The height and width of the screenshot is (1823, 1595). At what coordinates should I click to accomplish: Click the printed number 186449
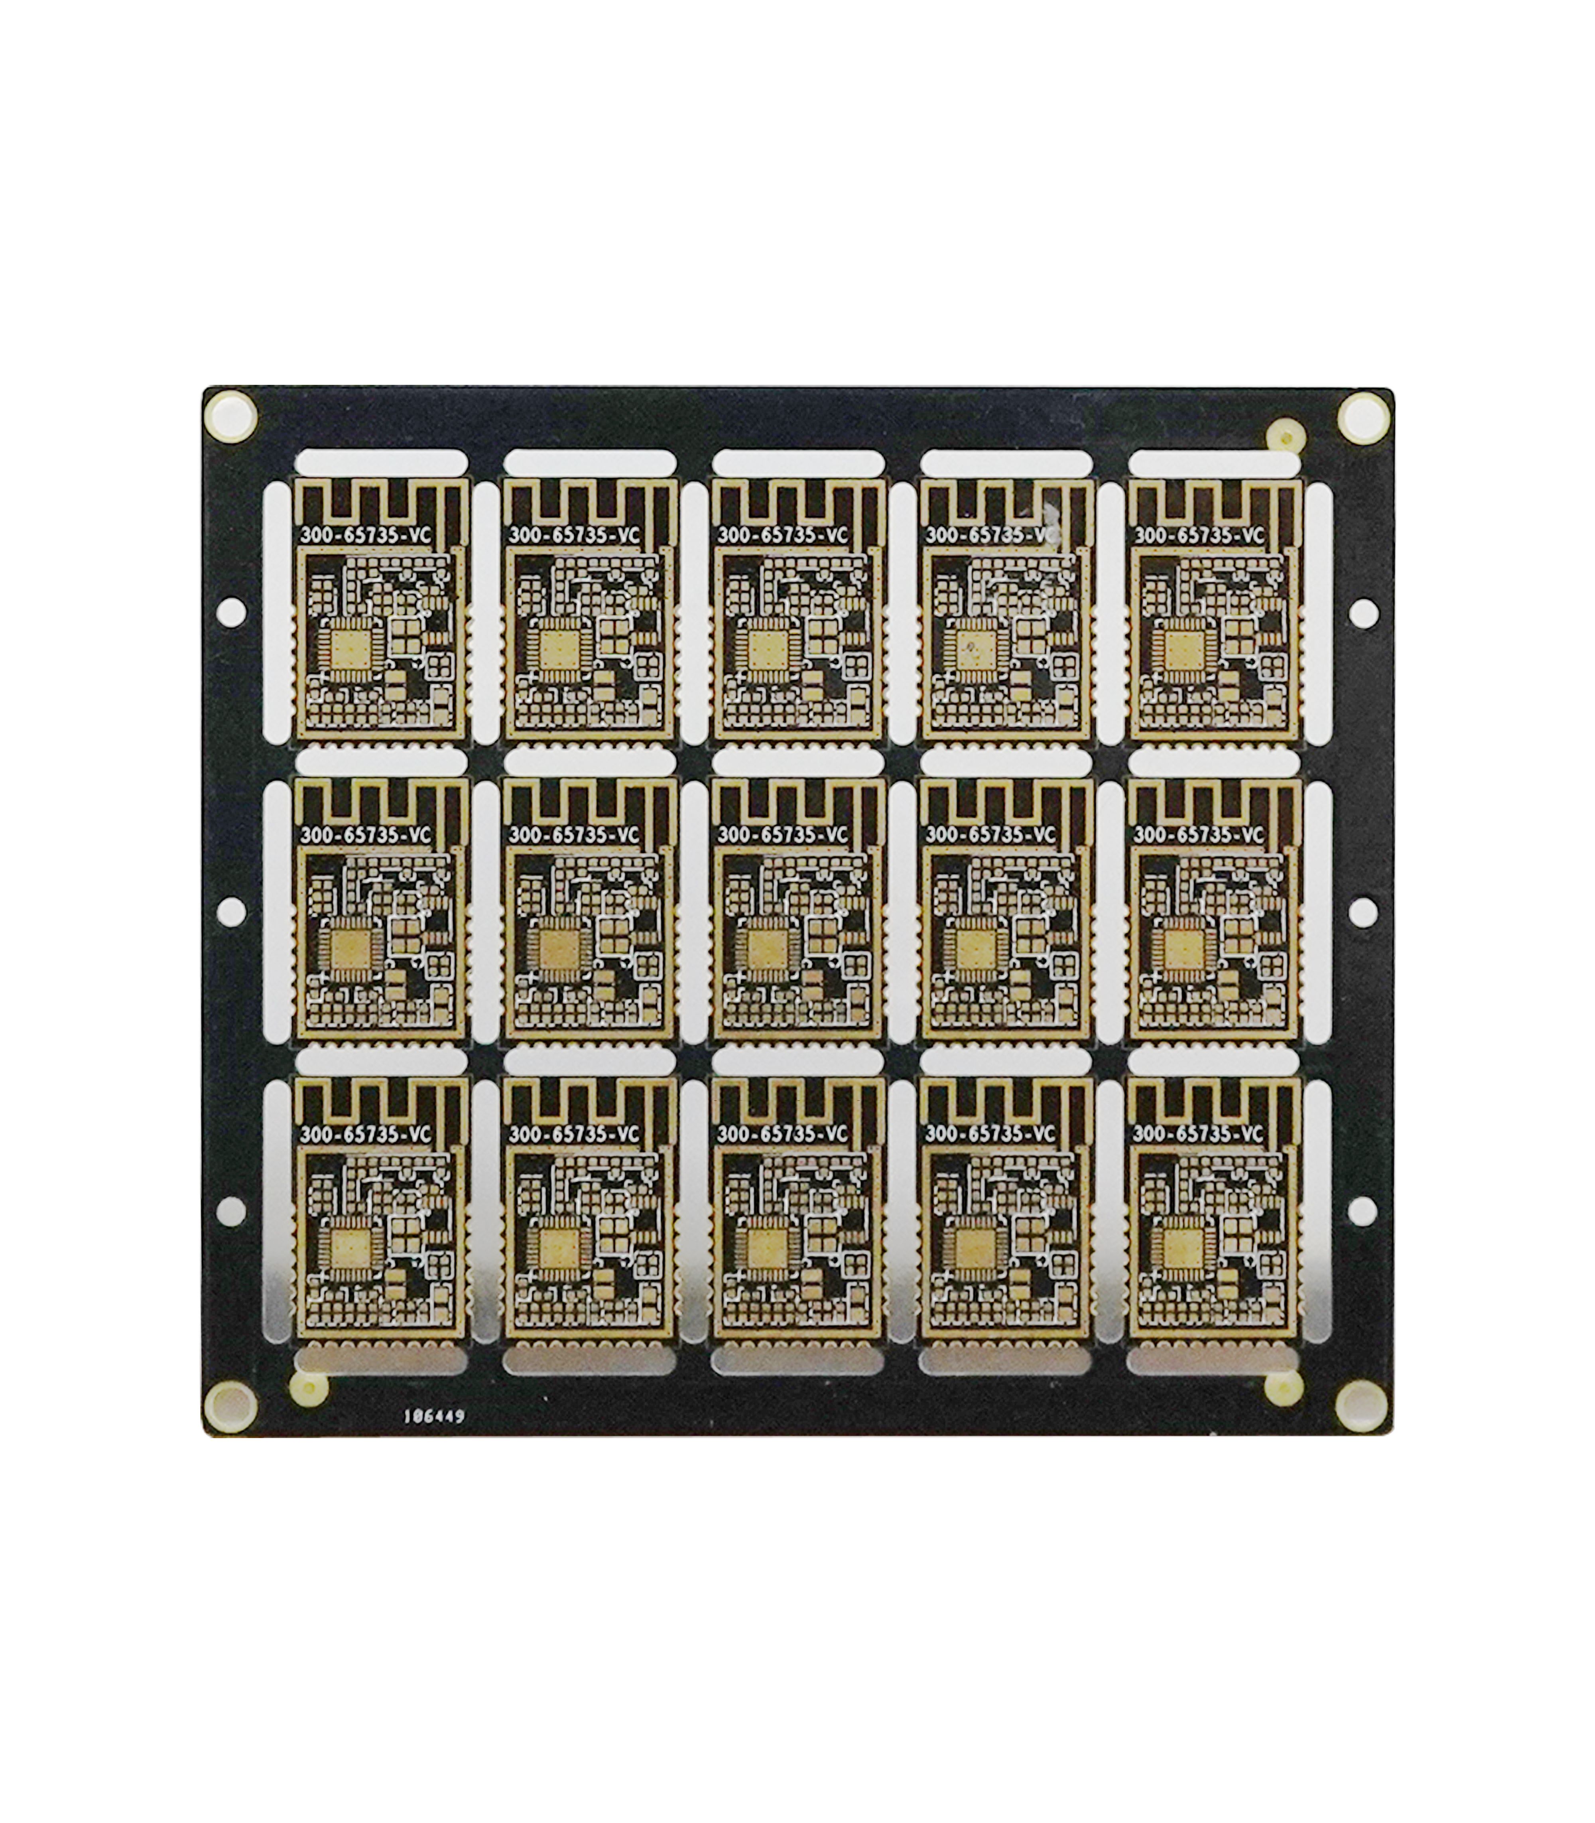434,1415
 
